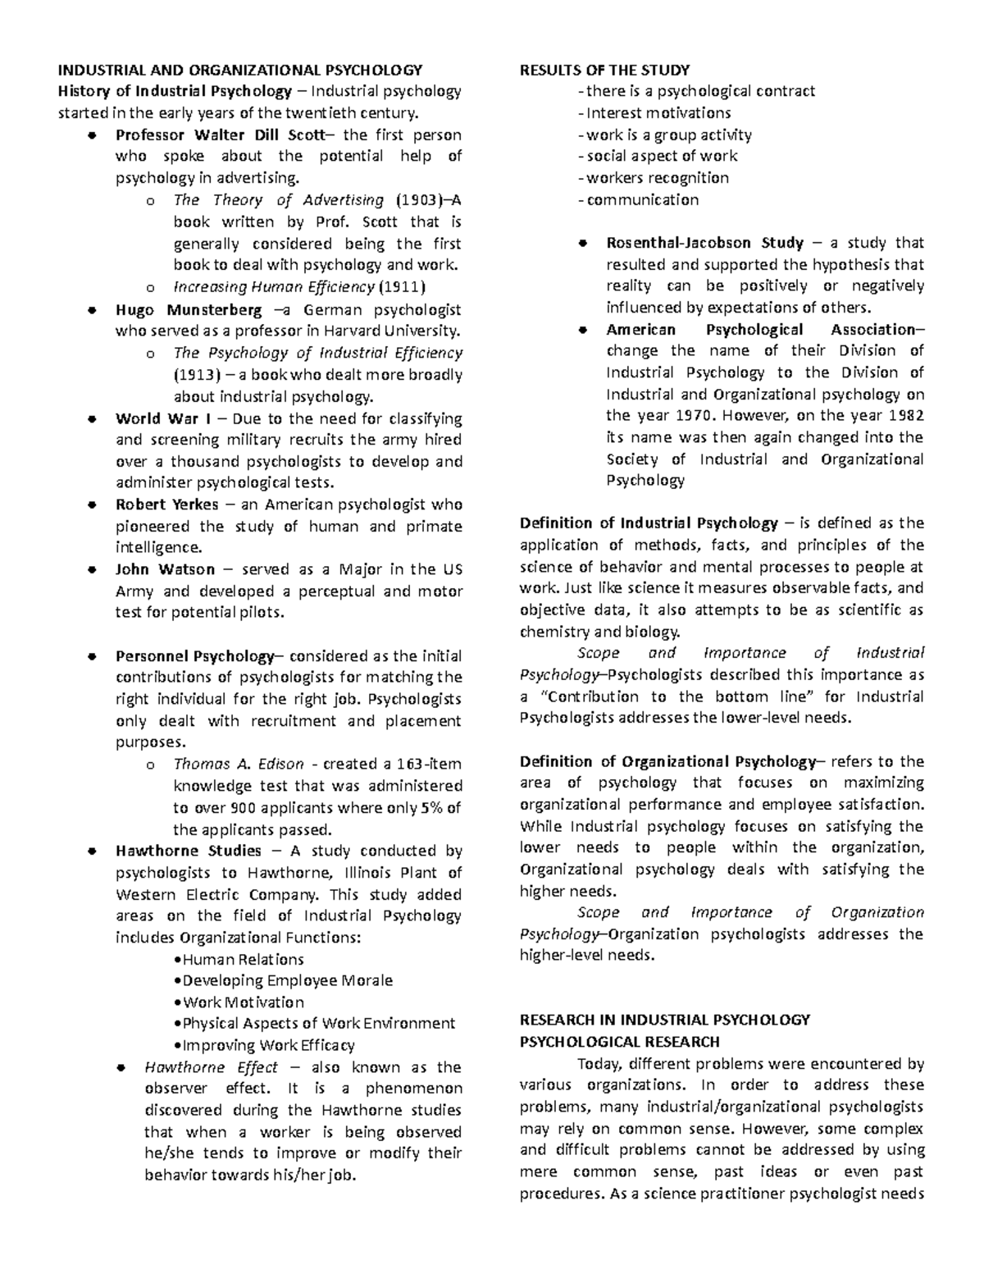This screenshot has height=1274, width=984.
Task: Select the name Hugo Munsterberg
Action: pos(189,310)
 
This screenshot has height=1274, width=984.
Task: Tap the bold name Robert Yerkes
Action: pos(166,505)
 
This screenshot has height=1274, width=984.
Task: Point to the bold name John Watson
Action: pos(165,569)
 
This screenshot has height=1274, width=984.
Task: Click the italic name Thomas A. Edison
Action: pos(239,764)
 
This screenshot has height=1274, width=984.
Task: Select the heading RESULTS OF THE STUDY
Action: pos(604,70)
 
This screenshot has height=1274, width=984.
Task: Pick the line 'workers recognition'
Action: pos(657,178)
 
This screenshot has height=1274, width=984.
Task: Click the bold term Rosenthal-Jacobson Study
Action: pos(704,243)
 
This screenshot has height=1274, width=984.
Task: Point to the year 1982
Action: pos(904,416)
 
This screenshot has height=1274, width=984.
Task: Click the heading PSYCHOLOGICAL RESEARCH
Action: pos(619,1042)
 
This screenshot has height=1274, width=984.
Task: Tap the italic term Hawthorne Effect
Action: pos(211,1067)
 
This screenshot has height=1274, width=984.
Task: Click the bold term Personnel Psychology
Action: pos(194,656)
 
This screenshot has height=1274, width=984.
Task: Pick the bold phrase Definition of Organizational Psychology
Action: pos(667,761)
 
